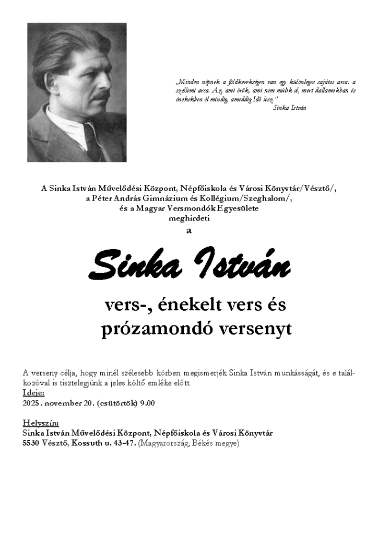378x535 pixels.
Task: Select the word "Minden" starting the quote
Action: pyautogui.click(x=185, y=82)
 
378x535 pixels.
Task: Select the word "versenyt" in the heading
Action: pyautogui.click(x=255, y=329)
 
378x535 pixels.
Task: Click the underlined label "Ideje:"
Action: pyautogui.click(x=34, y=393)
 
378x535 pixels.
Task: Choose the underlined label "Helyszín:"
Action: pyautogui.click(x=41, y=423)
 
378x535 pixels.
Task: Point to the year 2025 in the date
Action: pyautogui.click(x=31, y=403)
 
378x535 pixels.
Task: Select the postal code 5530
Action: pyautogui.click(x=31, y=443)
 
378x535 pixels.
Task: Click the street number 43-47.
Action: pyautogui.click(x=125, y=443)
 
